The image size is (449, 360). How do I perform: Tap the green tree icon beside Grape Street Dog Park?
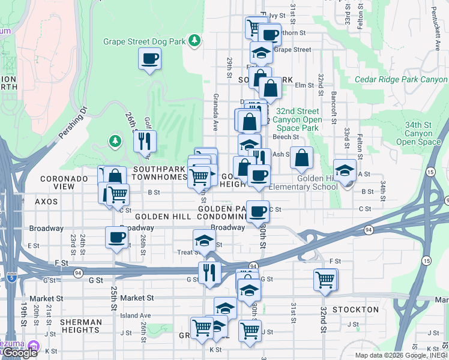194,40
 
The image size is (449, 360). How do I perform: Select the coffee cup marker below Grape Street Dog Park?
149,59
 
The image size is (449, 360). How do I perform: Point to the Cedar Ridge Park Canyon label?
400,79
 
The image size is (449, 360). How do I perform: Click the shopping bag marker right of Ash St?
301,158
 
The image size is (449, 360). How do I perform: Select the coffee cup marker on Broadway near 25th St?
116,238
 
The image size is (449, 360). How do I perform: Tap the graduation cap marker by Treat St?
204,241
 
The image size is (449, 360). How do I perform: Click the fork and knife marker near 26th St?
145,142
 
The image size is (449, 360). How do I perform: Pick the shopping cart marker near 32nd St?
325,280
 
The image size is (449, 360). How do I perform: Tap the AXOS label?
46,202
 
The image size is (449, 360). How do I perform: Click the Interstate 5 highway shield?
12,277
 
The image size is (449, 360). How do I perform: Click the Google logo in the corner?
19,353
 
